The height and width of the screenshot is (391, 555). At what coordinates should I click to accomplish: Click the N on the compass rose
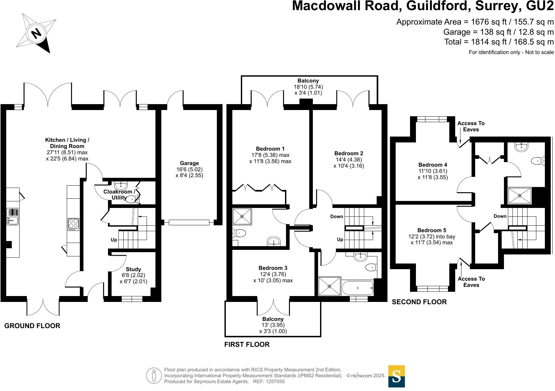click(36, 33)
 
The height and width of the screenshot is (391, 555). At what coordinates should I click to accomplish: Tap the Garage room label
click(189, 163)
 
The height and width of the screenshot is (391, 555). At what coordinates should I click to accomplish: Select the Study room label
click(133, 269)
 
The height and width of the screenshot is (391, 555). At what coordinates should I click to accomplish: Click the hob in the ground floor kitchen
click(73, 224)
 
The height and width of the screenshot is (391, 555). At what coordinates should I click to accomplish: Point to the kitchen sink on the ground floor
click(12, 216)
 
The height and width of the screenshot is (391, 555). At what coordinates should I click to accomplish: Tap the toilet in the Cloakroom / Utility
click(133, 199)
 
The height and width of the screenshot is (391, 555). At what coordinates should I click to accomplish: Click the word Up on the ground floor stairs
click(114, 240)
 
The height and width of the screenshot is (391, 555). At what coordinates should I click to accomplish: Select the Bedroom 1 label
click(270, 149)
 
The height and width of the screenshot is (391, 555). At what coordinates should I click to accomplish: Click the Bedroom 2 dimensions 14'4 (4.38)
click(349, 160)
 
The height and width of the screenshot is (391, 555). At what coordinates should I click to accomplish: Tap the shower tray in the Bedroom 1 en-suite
click(242, 216)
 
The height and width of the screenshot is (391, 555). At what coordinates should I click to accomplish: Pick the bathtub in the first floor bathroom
click(358, 288)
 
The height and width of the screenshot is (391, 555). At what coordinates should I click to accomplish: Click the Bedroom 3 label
click(273, 268)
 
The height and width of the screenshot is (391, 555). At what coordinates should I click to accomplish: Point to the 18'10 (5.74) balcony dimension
click(308, 87)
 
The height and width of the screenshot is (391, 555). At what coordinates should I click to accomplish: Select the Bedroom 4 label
click(433, 165)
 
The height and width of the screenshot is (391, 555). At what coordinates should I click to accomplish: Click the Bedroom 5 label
click(432, 230)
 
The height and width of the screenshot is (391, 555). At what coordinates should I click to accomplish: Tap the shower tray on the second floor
click(520, 195)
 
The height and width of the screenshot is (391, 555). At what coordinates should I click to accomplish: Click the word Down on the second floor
click(500, 216)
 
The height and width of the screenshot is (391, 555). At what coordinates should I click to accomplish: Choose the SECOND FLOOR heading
click(419, 302)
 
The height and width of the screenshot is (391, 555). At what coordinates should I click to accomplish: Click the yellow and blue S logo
click(396, 376)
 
